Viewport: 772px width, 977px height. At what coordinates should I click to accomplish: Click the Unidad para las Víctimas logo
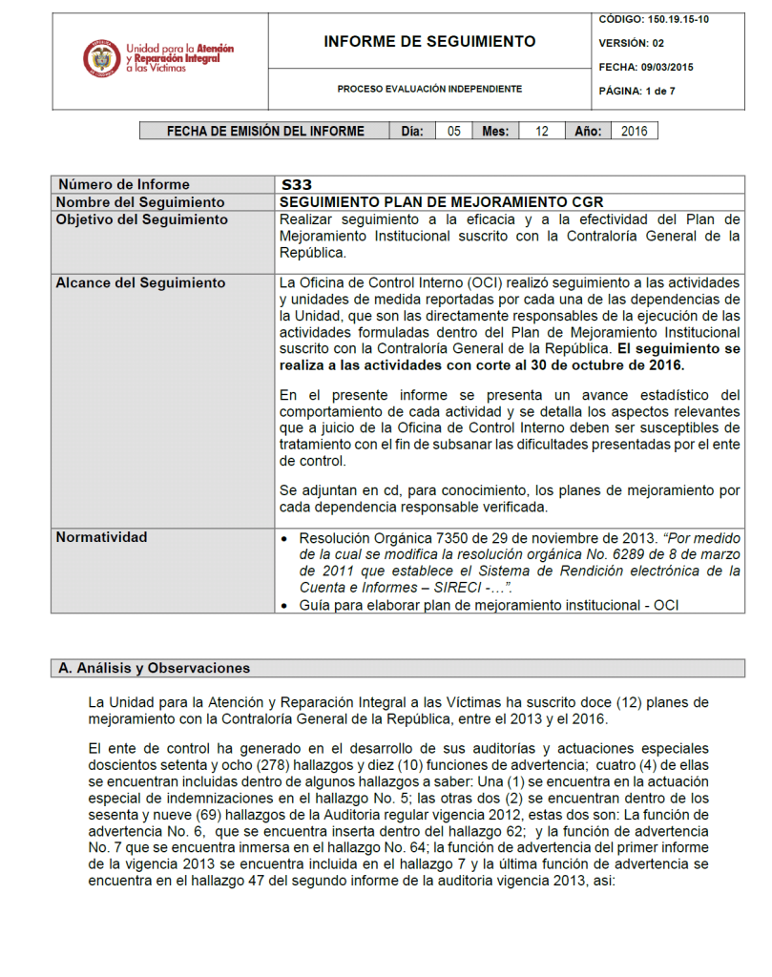point(158,58)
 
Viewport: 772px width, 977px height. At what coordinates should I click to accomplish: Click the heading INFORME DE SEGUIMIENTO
point(429,42)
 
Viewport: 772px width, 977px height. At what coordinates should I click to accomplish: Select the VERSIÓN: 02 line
point(631,43)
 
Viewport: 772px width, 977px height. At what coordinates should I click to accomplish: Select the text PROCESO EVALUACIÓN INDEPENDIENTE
point(429,89)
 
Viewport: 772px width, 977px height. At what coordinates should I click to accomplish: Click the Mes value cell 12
point(542,132)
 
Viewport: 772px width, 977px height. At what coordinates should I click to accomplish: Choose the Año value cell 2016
point(633,132)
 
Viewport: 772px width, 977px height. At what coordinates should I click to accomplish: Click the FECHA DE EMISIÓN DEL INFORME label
point(265,132)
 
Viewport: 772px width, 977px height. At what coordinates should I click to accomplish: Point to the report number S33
point(297,185)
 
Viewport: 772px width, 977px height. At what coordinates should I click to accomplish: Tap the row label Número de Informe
point(124,185)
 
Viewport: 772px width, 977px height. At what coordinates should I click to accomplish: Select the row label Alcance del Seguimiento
point(141,283)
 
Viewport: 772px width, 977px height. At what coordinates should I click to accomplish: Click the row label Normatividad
point(102,537)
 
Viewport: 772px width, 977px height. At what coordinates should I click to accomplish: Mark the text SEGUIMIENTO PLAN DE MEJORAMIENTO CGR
point(442,202)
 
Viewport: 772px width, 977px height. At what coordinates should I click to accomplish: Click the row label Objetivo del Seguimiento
point(142,219)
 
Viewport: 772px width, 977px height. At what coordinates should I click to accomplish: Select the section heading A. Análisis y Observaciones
point(155,668)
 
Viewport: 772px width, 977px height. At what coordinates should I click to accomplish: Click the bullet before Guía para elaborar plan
point(286,606)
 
